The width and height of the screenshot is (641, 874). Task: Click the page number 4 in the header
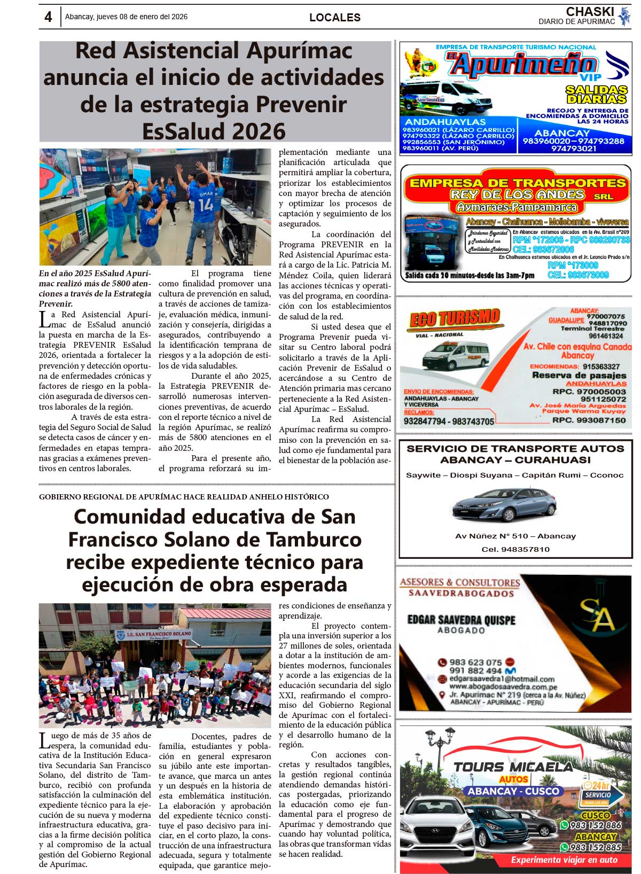click(48, 17)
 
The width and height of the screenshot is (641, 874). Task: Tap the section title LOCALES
click(335, 18)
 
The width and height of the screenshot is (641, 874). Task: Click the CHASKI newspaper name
click(590, 12)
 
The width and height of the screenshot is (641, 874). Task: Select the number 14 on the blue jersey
click(206, 204)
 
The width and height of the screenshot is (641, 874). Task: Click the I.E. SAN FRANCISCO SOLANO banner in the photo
click(154, 634)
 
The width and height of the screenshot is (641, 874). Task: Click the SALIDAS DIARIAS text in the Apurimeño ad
click(596, 95)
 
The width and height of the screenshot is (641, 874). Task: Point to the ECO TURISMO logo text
click(454, 319)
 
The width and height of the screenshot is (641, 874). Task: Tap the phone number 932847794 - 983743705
click(449, 422)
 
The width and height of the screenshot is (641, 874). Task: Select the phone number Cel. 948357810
click(515, 549)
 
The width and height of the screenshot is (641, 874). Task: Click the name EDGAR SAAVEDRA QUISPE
click(461, 620)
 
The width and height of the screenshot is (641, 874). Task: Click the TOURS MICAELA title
click(513, 767)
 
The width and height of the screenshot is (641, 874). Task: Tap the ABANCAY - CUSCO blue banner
click(514, 791)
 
